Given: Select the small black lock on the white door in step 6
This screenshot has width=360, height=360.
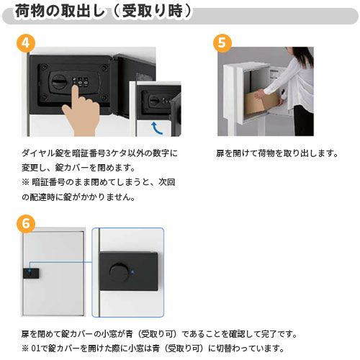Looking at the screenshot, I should click(x=33, y=274).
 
